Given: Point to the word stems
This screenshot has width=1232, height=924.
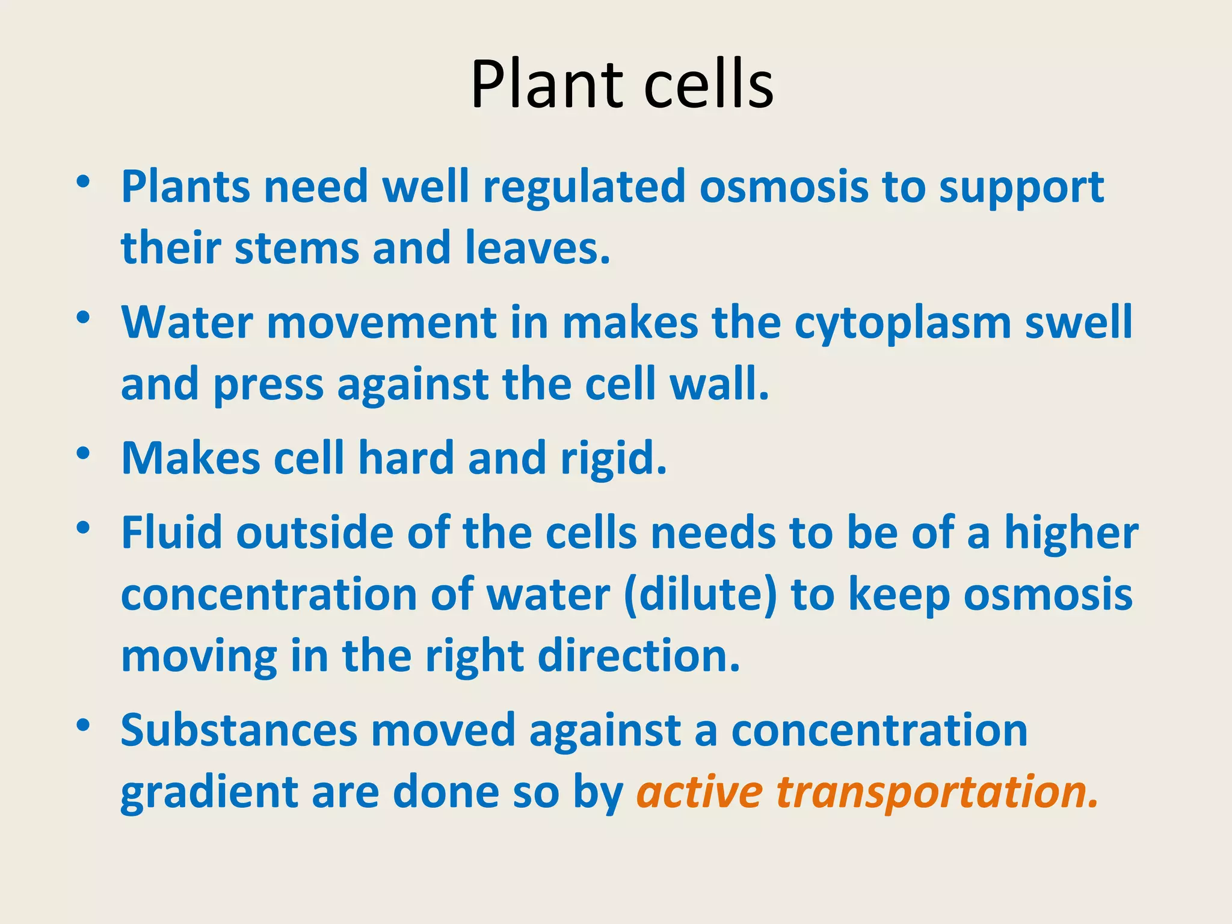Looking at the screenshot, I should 297,248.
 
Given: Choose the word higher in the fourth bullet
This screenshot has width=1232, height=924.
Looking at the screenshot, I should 1071,534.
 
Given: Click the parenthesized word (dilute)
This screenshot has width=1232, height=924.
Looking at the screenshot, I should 701,596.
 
